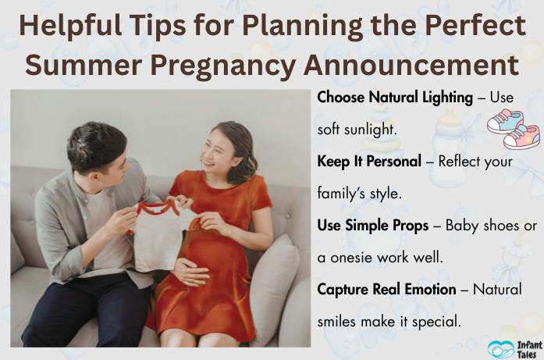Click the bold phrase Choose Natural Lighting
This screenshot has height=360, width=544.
[x=395, y=98]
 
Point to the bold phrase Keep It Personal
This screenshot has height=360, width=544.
[x=374, y=162]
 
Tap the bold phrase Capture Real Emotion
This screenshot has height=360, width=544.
[x=386, y=290]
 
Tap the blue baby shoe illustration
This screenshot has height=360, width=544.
[x=505, y=121]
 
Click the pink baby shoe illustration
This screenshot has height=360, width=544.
[x=522, y=136]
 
